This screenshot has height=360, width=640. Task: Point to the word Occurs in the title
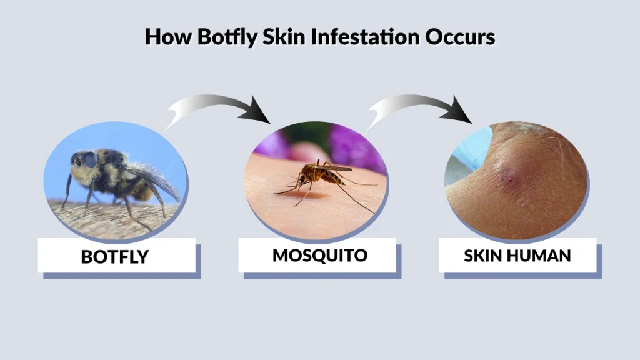point(460,37)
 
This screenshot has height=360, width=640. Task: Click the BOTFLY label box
point(116,256)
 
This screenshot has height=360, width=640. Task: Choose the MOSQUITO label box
point(319,255)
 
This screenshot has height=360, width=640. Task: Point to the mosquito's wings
point(334,167)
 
